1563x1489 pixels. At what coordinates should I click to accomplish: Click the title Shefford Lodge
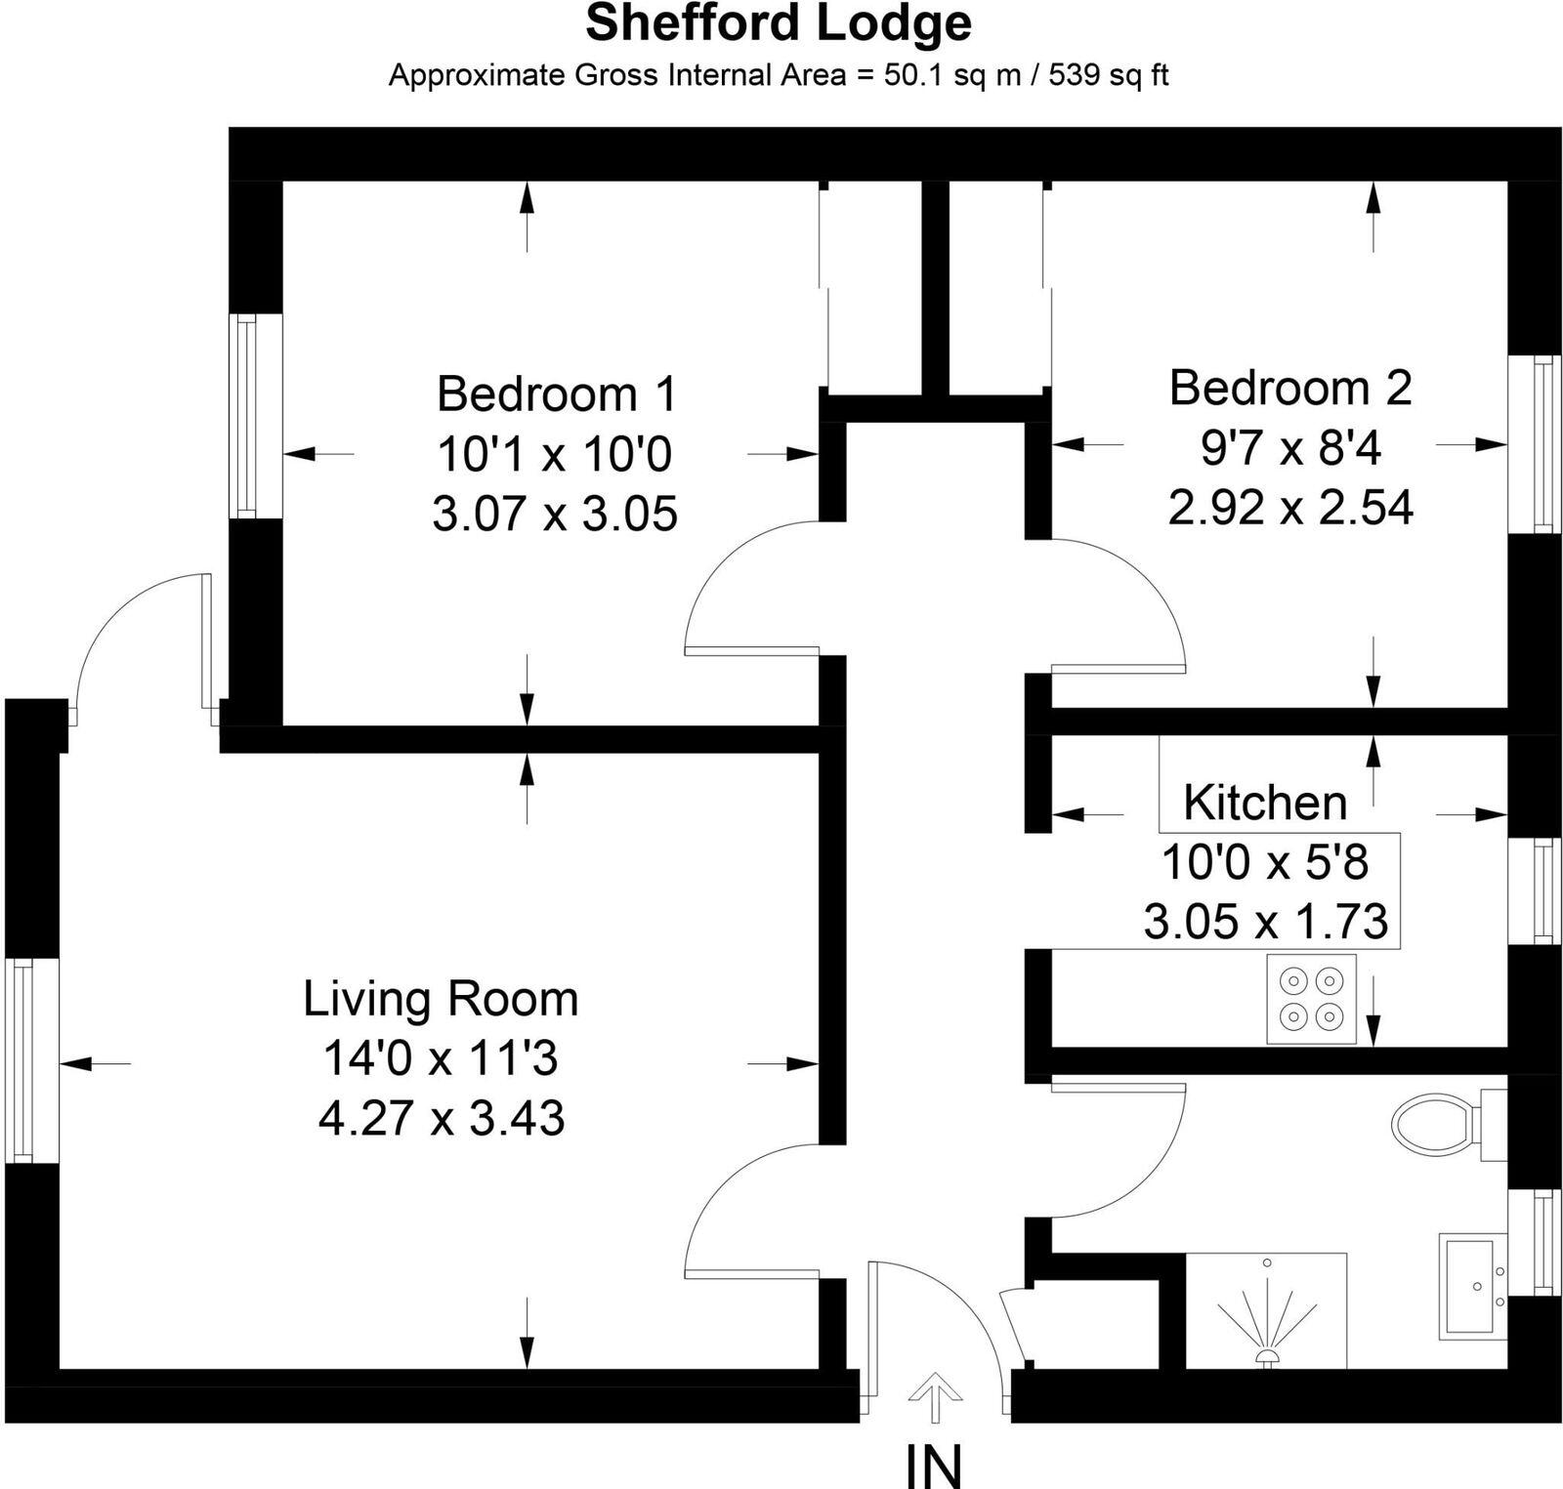pyautogui.click(x=779, y=24)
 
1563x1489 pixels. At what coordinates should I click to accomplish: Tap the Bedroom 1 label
pyautogui.click(x=556, y=394)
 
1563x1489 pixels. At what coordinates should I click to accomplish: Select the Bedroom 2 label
pyautogui.click(x=1289, y=388)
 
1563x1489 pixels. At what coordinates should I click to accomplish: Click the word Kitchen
pyautogui.click(x=1264, y=803)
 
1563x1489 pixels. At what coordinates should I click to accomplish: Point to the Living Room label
pyautogui.click(x=441, y=999)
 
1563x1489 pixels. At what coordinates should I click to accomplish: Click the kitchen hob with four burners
pyautogui.click(x=1311, y=999)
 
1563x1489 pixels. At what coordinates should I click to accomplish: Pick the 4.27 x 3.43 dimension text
pyautogui.click(x=442, y=1119)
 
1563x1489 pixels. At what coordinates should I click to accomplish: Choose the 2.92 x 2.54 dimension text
pyautogui.click(x=1290, y=508)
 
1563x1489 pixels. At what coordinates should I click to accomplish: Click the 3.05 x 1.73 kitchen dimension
pyautogui.click(x=1266, y=922)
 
